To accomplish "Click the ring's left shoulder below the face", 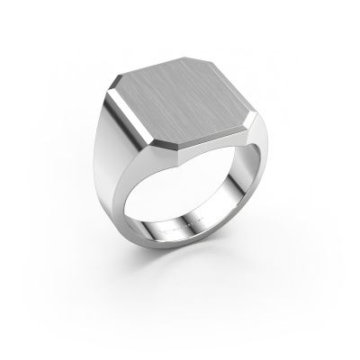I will point(117,171).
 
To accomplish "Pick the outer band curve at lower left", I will point(135,256).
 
